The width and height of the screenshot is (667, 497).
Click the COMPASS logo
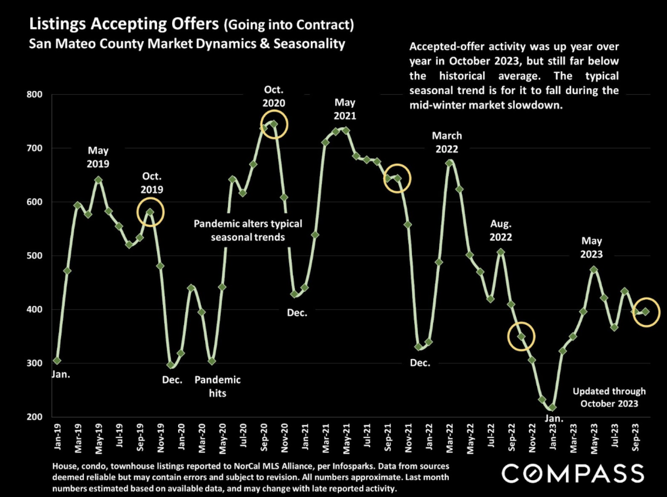572,473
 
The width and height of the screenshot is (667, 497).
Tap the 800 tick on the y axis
35,95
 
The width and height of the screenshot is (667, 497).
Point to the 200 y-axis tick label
35,417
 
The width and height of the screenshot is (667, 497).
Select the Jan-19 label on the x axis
58,437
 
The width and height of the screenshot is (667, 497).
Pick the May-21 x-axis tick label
346,439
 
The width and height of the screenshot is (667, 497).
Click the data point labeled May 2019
98,180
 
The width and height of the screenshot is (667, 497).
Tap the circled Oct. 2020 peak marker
274,124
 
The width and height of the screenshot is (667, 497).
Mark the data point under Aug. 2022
501,252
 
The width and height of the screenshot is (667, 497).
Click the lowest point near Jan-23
552,408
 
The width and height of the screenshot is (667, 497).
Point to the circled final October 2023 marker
645,312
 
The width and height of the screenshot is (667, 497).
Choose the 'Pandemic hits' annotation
217,386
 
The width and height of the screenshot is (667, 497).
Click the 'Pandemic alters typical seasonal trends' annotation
248,230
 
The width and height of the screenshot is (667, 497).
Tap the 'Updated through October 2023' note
609,397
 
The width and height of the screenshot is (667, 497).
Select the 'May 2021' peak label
345,109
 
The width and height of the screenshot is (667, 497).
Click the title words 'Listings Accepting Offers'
124,24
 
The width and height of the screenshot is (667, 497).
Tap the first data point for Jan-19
57,360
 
